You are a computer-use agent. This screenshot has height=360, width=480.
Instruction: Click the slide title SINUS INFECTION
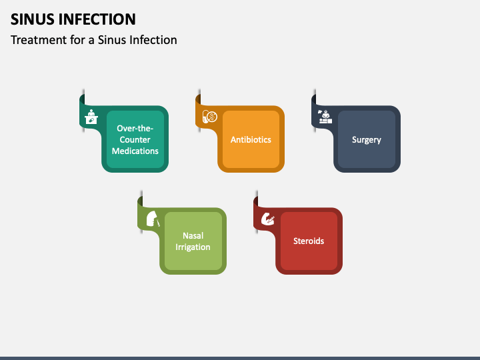[x=73, y=19]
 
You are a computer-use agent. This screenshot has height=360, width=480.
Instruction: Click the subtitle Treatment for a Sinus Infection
[x=93, y=40]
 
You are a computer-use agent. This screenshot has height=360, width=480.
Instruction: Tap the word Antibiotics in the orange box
[x=251, y=140]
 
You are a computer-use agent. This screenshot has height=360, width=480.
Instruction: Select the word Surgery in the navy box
[x=367, y=140]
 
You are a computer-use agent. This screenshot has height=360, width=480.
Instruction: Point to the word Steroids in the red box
[x=309, y=241]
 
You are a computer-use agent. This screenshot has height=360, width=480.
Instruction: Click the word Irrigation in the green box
[x=193, y=247]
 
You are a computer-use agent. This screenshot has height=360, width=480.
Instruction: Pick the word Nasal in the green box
[x=193, y=235]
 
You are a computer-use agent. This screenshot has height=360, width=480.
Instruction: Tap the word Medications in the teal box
[x=135, y=151]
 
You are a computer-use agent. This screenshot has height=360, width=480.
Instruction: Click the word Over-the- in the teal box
[x=135, y=129]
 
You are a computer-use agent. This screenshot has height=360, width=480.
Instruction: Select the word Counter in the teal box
[x=135, y=140]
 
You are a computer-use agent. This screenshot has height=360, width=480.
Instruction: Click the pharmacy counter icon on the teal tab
[x=92, y=117]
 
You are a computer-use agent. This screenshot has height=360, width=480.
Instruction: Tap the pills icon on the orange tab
[x=209, y=117]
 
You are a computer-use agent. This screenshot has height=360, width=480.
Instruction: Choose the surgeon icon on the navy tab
[x=325, y=117]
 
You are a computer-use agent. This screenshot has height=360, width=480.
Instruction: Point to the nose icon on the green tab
[x=152, y=219]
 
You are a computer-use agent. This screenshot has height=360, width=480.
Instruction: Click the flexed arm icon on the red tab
[x=267, y=219]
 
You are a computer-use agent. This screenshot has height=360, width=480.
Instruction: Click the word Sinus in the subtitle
[x=112, y=40]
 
